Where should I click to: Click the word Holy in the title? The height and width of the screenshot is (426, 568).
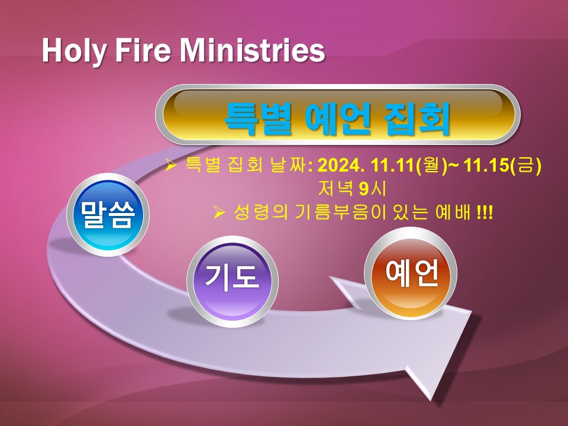pyautogui.click(x=73, y=51)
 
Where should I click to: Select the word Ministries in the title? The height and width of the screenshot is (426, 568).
pyautogui.click(x=253, y=50)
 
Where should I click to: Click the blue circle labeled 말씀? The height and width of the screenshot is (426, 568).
pyautogui.click(x=108, y=215)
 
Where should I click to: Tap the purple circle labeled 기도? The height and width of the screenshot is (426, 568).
pyautogui.click(x=232, y=282)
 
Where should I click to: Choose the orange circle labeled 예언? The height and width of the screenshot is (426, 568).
pyautogui.click(x=411, y=273)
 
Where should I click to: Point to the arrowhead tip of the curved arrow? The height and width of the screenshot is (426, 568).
pyautogui.click(x=430, y=401)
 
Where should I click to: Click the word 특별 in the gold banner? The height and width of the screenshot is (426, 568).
pyautogui.click(x=259, y=119)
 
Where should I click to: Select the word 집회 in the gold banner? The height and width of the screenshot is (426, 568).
pyautogui.click(x=416, y=119)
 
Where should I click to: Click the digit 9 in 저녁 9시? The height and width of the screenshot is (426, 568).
pyautogui.click(x=364, y=189)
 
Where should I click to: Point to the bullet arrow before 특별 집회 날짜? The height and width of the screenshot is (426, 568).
pyautogui.click(x=170, y=165)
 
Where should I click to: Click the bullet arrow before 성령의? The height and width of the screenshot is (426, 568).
pyautogui.click(x=220, y=212)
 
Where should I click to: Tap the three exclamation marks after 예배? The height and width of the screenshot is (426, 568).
pyautogui.click(x=485, y=212)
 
